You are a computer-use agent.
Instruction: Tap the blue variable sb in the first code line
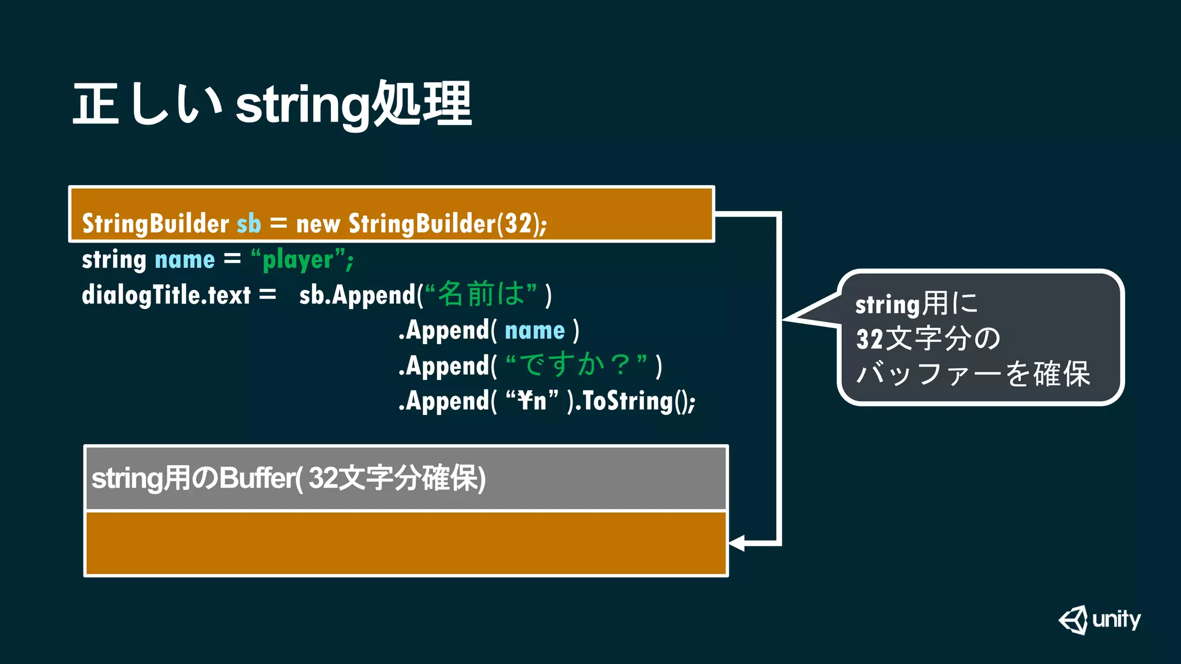[249, 224]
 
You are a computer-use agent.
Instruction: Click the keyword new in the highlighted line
[318, 224]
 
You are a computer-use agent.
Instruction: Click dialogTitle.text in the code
[166, 295]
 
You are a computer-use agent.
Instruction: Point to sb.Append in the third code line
[358, 295]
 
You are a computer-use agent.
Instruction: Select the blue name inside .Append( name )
[535, 331]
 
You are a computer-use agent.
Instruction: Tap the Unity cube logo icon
[1073, 620]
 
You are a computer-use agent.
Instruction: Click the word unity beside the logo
[1116, 620]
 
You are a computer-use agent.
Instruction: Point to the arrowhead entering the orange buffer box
[736, 543]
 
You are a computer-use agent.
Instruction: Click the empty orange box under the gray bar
[405, 544]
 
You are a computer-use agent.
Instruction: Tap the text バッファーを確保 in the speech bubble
[973, 373]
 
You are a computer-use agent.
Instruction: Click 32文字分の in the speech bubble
[928, 339]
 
